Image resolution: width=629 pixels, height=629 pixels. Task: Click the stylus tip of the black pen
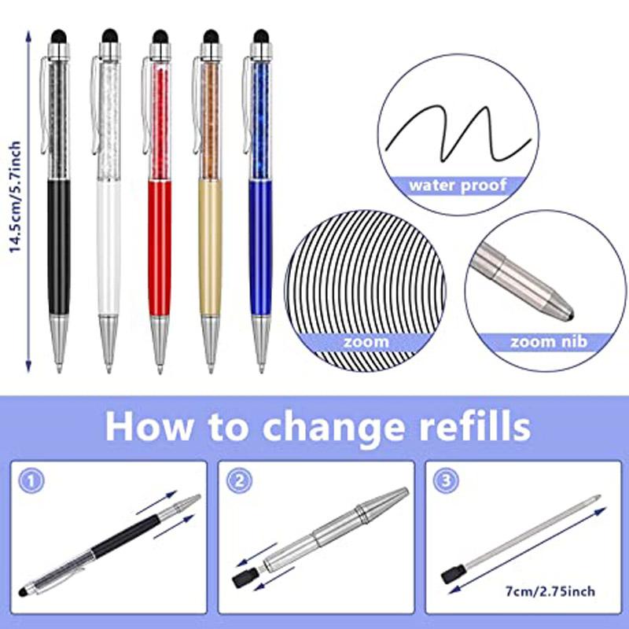(58, 35)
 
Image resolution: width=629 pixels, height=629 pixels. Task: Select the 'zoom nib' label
(548, 341)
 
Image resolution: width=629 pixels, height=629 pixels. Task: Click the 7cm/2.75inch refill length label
(551, 588)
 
